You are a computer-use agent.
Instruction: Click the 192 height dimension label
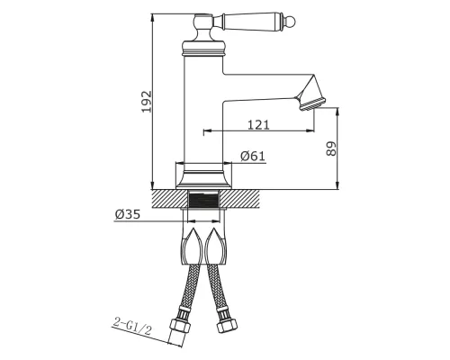coord(147,102)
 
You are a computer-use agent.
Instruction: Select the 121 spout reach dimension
coord(258,124)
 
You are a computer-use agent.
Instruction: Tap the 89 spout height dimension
coord(331,148)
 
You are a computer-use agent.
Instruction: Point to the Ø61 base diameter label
coord(253,156)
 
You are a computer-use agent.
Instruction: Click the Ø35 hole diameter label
coord(128,214)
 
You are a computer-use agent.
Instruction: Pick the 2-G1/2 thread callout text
coord(132,326)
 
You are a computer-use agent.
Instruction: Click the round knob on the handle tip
coord(292,22)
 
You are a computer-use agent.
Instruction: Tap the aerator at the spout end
coord(312,103)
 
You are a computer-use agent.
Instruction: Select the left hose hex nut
coord(180,325)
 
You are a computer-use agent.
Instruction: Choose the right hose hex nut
coord(227,325)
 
